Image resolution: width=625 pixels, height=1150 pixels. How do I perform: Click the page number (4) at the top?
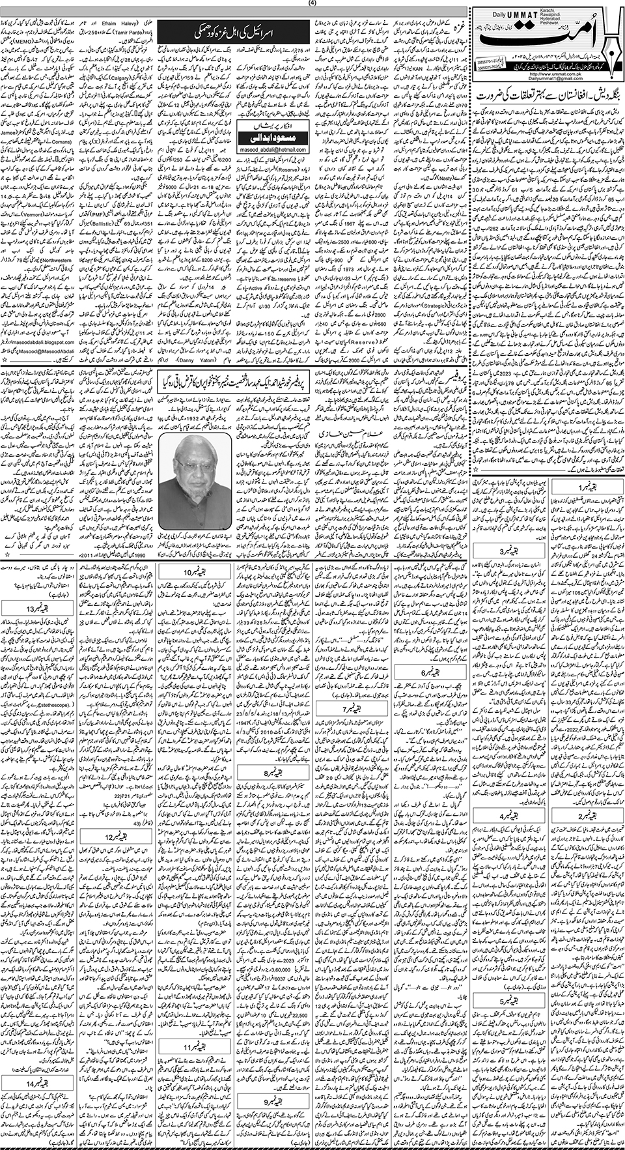pyautogui.click(x=313, y=3)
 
